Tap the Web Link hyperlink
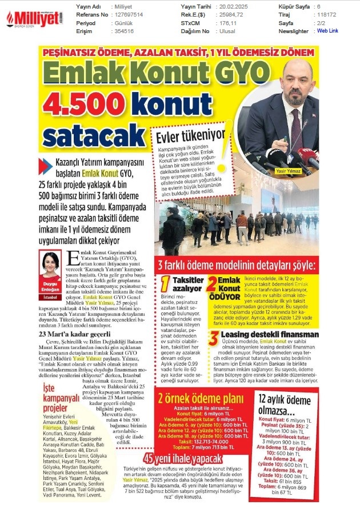tap(327, 31)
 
